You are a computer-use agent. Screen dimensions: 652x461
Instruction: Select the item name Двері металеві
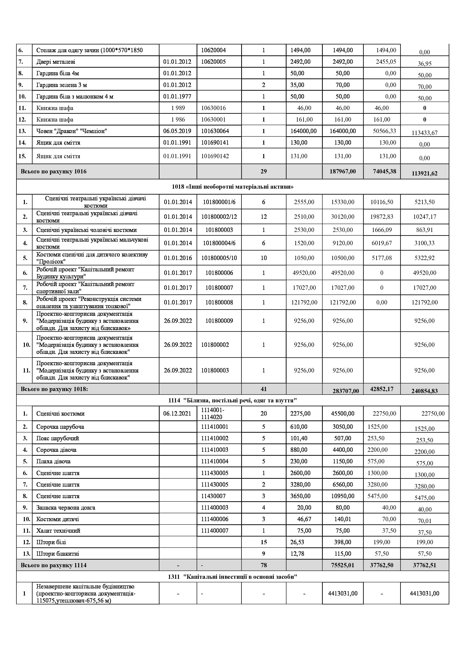tap(56, 62)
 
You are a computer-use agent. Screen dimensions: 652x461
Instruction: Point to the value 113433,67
tap(424, 133)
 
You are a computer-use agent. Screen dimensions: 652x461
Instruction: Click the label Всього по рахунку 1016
tap(54, 172)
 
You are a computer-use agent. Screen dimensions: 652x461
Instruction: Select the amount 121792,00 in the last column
tap(424, 302)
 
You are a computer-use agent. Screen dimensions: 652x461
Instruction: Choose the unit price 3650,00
tap(300, 496)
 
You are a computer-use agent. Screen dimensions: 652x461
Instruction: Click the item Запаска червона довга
tap(66, 508)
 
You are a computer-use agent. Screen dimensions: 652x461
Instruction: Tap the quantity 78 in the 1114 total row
tap(263, 565)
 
